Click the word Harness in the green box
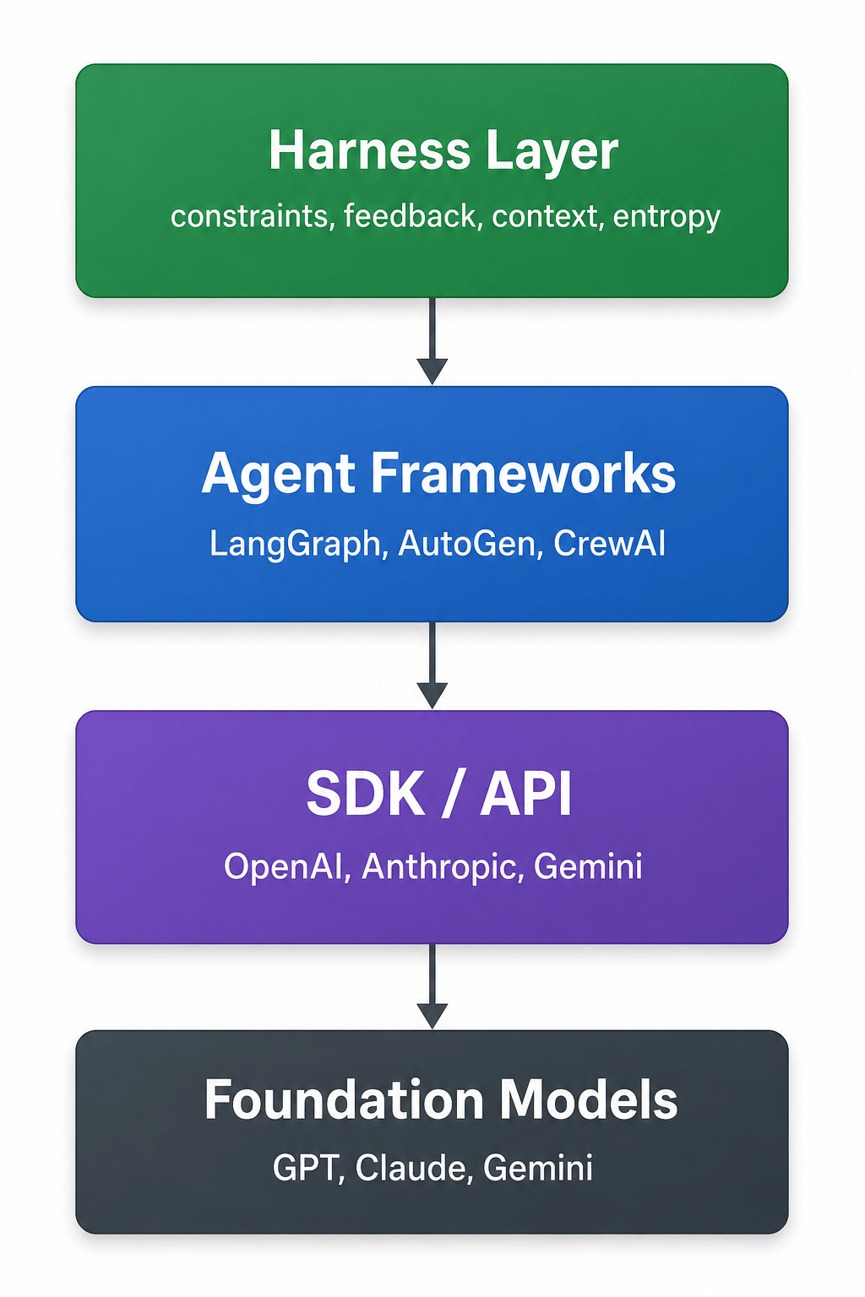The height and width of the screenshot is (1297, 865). pyautogui.click(x=369, y=150)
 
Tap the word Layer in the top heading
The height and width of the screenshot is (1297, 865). pyautogui.click(x=552, y=152)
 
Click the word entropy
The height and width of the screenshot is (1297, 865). pyautogui.click(x=666, y=219)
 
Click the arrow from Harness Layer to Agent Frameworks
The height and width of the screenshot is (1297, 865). pyautogui.click(x=432, y=341)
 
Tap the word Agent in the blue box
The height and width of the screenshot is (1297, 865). pyautogui.click(x=278, y=475)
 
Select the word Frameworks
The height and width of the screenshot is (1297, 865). pyautogui.click(x=523, y=472)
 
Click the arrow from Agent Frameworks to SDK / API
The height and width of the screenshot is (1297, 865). pyautogui.click(x=432, y=665)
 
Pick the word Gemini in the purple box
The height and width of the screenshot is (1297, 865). pyautogui.click(x=587, y=867)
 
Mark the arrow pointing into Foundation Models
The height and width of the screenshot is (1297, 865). pyautogui.click(x=432, y=986)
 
